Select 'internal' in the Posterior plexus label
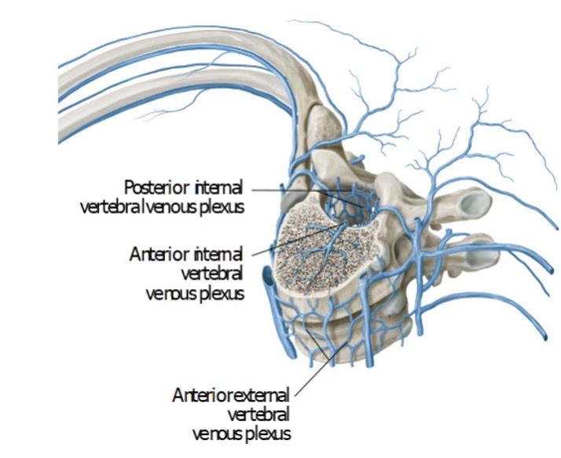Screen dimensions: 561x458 [218, 187]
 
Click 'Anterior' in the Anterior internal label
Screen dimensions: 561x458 [156, 255]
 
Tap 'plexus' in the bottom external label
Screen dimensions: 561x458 [268, 432]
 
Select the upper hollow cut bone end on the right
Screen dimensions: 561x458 [475, 206]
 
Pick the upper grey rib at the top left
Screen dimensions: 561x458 [157, 75]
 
